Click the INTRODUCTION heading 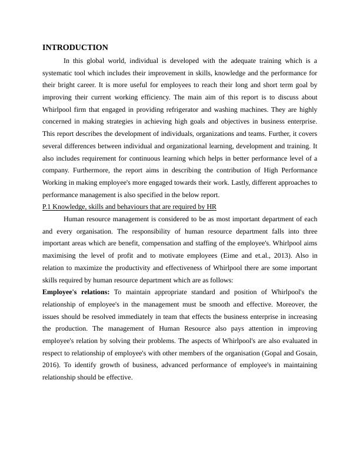75,48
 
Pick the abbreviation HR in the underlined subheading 212,207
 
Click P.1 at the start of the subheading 49,207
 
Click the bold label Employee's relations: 76,292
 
